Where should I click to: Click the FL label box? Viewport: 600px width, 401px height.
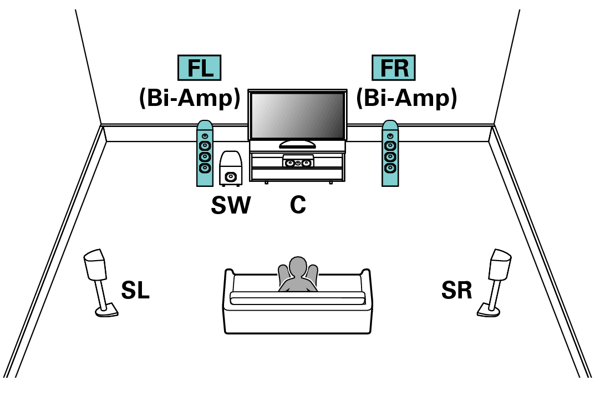click(200, 68)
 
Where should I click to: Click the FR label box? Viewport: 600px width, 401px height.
click(394, 68)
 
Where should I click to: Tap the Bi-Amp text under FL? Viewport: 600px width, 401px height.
click(190, 98)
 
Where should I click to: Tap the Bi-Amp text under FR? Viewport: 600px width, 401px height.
click(407, 98)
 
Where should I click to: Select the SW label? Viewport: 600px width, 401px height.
click(231, 205)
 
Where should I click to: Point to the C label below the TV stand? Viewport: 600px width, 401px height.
click(298, 205)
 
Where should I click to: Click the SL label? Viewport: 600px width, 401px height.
click(135, 290)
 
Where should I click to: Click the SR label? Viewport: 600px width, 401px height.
click(457, 290)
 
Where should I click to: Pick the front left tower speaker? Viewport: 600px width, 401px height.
click(205, 154)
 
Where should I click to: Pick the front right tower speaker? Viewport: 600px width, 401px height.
click(390, 154)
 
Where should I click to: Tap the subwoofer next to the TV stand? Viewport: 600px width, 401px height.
click(231, 169)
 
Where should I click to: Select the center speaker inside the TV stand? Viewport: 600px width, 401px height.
click(298, 161)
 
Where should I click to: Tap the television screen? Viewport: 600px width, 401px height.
click(298, 115)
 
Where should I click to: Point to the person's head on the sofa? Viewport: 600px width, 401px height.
click(298, 266)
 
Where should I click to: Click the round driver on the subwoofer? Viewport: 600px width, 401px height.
click(231, 177)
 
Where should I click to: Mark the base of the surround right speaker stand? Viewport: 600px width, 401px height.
click(489, 311)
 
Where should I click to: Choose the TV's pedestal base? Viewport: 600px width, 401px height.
click(297, 144)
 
